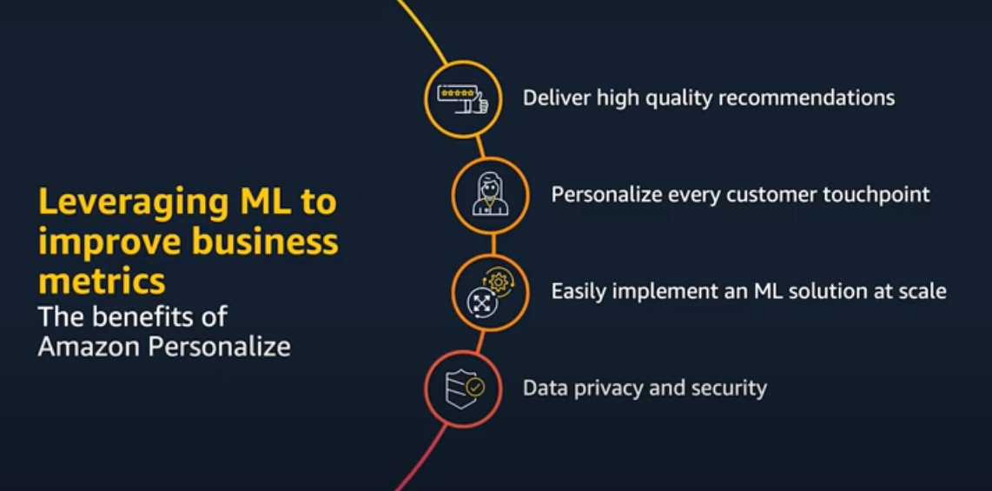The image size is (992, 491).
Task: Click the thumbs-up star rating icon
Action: [462, 98]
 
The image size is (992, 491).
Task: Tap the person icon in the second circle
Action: [490, 195]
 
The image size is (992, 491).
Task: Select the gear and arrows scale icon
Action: [490, 292]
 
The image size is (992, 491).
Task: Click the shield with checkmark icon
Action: [462, 388]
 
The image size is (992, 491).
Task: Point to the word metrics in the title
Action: [101, 280]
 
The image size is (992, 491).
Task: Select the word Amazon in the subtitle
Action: [89, 346]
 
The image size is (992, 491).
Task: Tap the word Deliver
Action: [556, 97]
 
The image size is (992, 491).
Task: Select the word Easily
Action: [579, 291]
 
